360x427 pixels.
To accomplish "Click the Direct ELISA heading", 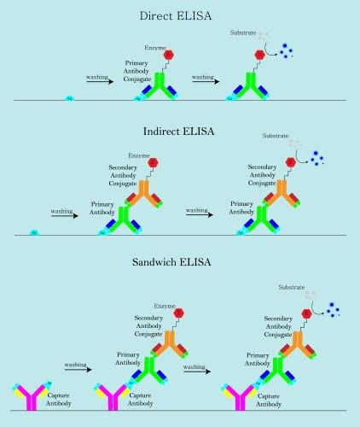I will [179, 15].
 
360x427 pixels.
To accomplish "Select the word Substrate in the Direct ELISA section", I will [243, 32].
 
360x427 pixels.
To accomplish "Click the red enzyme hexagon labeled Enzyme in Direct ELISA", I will [168, 55].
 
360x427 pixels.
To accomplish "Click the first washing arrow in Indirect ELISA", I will [63, 216].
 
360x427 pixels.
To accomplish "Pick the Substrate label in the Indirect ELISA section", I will [275, 136].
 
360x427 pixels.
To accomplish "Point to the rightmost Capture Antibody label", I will [270, 400].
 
